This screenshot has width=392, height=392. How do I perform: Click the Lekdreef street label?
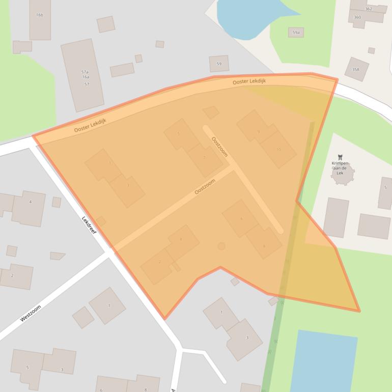[90, 227]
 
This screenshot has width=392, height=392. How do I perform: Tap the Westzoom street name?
[30, 313]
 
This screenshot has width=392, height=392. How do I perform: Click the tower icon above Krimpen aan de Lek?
[340, 157]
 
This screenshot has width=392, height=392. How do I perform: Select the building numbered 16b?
[40, 15]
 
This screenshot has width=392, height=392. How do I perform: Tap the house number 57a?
[85, 72]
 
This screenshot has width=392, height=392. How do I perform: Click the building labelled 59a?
[296, 33]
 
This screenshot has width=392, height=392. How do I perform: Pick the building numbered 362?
[369, 9]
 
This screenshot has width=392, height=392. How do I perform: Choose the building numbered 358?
[356, 69]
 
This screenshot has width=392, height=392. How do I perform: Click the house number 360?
[357, 17]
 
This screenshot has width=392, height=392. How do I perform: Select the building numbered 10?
[278, 150]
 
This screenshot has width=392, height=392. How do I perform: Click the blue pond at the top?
[249, 15]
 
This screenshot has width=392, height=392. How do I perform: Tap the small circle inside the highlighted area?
[221, 246]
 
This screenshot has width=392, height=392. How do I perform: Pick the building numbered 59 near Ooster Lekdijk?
[219, 64]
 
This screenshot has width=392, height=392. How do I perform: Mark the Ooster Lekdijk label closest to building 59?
[249, 81]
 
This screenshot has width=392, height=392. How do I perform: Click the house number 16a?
[86, 77]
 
